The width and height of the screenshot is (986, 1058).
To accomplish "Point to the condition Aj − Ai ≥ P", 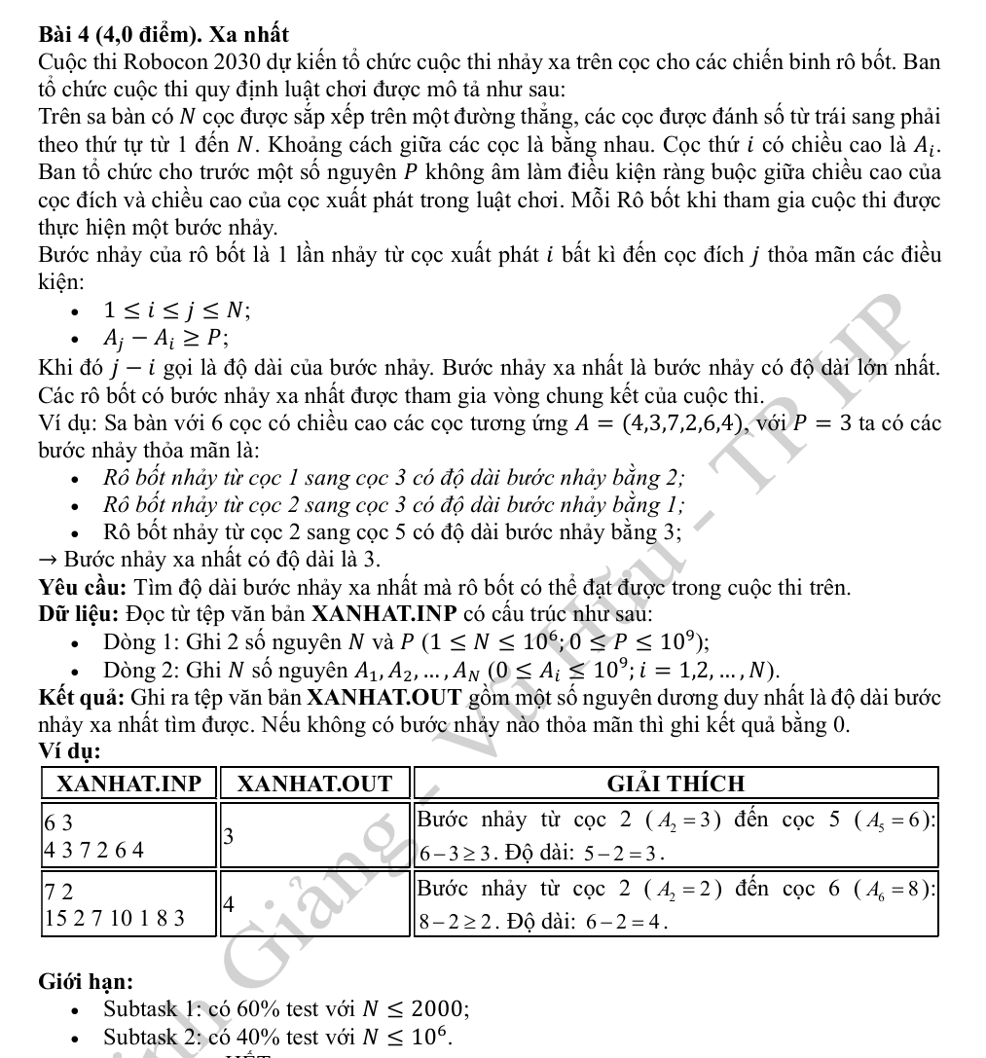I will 166,339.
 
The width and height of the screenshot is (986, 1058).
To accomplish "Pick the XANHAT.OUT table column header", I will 315,784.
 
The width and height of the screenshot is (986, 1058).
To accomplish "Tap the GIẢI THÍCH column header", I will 676,784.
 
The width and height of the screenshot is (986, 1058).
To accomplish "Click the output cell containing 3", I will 315,834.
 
